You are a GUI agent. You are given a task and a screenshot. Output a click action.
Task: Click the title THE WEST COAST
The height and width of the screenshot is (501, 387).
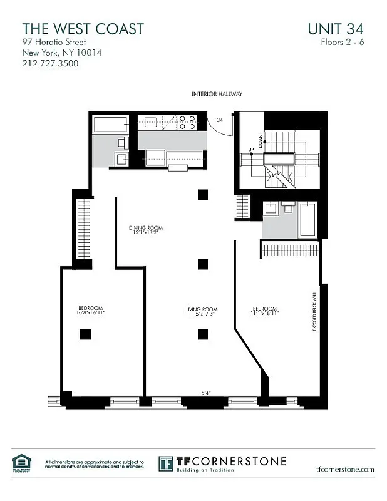(83, 29)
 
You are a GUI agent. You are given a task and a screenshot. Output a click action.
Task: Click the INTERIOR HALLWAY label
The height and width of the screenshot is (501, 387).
(217, 94)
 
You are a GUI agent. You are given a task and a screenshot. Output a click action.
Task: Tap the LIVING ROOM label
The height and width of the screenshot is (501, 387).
(201, 311)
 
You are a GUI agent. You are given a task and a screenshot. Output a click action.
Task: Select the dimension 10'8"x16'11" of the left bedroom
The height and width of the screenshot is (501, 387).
(91, 312)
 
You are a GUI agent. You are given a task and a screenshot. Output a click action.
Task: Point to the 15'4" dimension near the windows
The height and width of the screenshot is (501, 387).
(205, 393)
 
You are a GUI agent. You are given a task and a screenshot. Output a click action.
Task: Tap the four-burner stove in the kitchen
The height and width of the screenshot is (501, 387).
(187, 122)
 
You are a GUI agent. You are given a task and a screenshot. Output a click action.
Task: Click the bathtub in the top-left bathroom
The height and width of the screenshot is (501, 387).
(110, 124)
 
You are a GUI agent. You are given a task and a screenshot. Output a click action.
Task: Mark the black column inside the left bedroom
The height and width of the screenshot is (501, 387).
(83, 334)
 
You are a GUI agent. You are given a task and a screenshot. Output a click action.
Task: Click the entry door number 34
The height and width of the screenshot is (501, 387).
(219, 119)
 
